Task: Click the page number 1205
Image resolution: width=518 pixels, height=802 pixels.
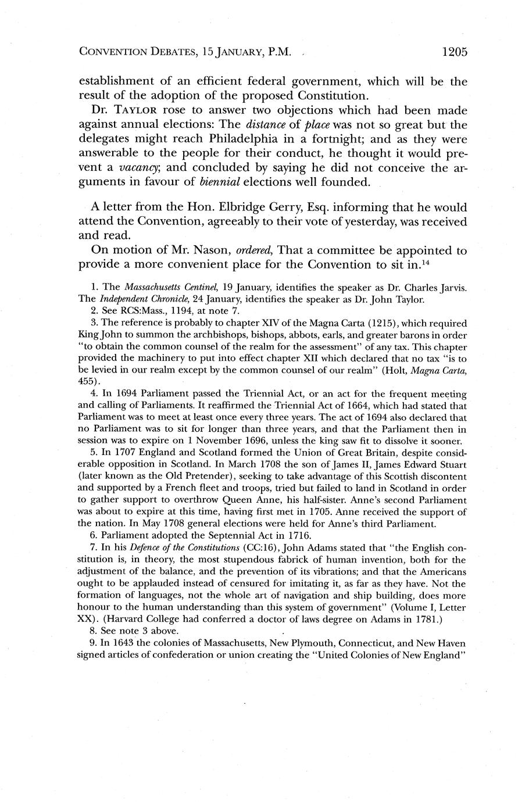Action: pos(454,52)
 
